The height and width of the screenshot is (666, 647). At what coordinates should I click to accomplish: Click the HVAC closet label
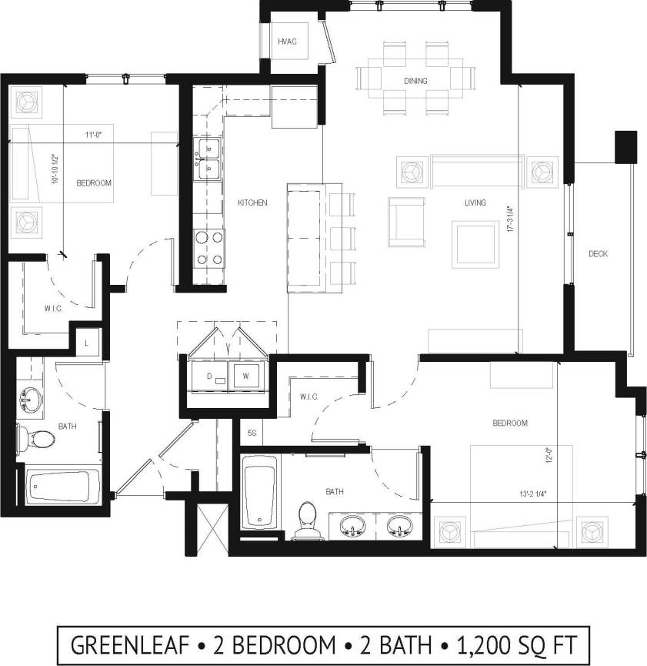pyautogui.click(x=287, y=41)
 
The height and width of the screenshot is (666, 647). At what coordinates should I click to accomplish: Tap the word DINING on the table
pyautogui.click(x=415, y=81)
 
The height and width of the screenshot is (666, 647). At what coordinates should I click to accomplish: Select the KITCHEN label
pyautogui.click(x=252, y=203)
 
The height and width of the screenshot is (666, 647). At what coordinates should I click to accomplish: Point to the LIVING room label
pyautogui.click(x=475, y=203)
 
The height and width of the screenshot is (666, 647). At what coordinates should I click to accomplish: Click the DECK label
pyautogui.click(x=598, y=254)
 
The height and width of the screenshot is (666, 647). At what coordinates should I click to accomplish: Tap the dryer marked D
pyautogui.click(x=208, y=376)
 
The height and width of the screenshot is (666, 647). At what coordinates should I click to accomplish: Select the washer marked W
pyautogui.click(x=246, y=376)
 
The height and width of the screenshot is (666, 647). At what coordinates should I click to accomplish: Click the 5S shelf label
pyautogui.click(x=252, y=433)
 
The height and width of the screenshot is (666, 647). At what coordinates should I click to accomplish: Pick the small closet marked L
pyautogui.click(x=87, y=341)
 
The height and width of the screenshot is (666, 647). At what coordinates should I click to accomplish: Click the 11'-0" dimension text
pyautogui.click(x=94, y=135)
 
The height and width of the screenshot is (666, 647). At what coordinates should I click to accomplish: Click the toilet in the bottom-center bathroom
pyautogui.click(x=308, y=517)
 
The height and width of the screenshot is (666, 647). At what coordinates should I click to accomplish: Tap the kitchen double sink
pyautogui.click(x=208, y=156)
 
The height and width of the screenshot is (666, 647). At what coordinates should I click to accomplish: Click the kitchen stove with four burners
pyautogui.click(x=208, y=249)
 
